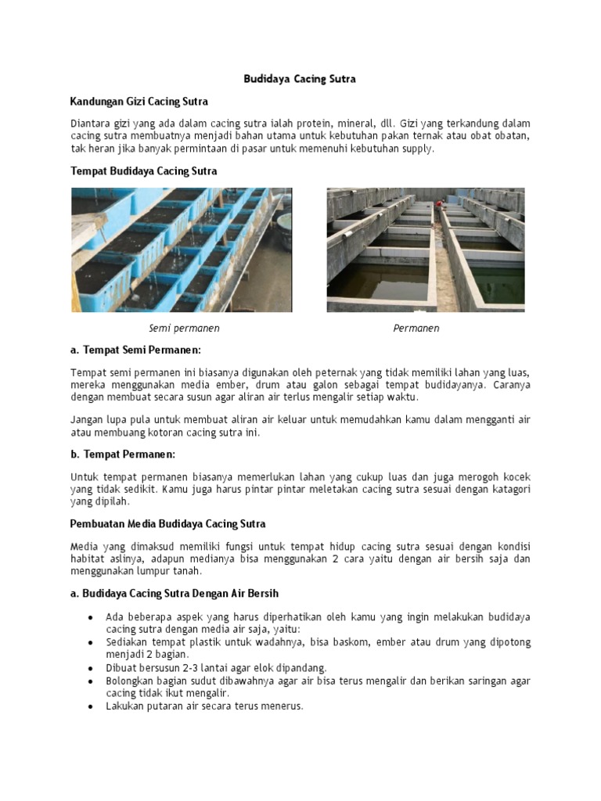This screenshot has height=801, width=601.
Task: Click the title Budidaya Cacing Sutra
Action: pos(300,80)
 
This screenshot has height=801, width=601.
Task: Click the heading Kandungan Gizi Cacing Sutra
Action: pos(139,102)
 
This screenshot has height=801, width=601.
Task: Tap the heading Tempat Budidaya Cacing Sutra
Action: pos(144,171)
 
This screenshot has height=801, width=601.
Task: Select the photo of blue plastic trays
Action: pos(182,250)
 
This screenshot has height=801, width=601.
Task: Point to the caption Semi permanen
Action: pos(184,329)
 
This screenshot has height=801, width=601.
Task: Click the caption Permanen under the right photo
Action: pos(416,329)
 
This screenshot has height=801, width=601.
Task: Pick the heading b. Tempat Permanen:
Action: pos(123,454)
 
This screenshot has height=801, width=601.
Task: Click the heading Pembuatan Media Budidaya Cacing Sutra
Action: pos(168,523)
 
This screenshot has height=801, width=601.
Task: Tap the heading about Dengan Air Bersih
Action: pos(175,593)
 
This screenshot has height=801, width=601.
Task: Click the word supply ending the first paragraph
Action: pos(416,149)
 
